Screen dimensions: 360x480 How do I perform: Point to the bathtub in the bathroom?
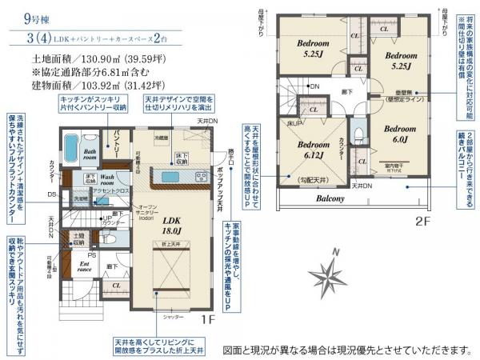(x=70, y=149)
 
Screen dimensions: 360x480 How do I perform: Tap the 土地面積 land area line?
(x=100, y=59)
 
